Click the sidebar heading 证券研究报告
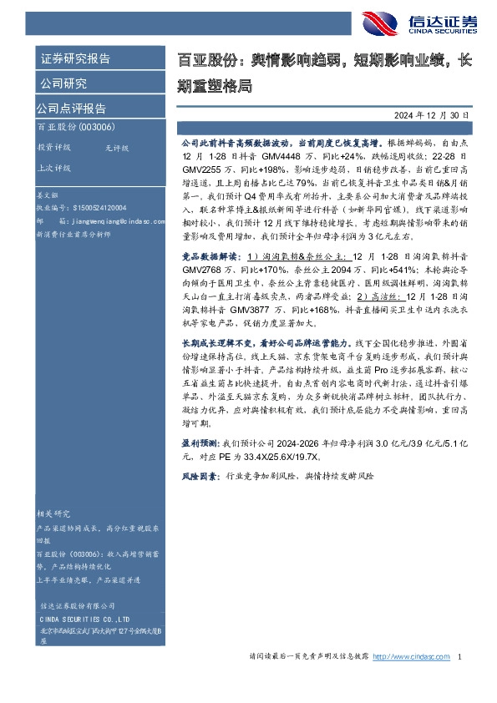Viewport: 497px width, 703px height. point(75,58)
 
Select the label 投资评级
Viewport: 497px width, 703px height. point(54,147)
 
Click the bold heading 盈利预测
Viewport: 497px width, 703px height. point(200,445)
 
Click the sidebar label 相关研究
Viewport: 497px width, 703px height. point(54,513)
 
